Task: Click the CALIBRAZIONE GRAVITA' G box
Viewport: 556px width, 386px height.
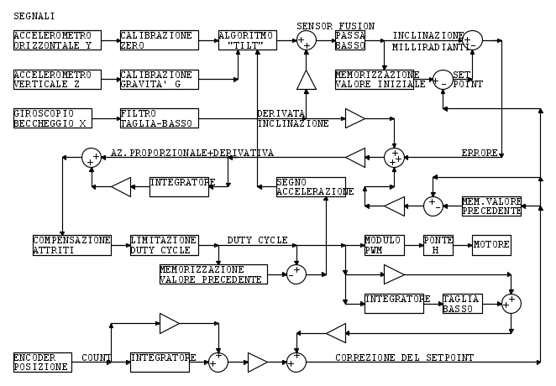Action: [159, 79]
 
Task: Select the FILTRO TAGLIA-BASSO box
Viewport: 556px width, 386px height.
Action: [159, 118]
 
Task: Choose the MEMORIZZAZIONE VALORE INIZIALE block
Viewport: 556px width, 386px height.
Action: [374, 80]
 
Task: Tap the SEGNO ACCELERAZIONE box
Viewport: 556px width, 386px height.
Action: [311, 187]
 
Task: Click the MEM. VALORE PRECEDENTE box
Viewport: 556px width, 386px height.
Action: [491, 206]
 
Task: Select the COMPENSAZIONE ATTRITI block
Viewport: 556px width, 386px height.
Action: [72, 244]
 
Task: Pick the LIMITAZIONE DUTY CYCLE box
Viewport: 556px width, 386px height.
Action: [165, 244]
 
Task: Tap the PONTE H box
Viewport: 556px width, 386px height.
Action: [437, 244]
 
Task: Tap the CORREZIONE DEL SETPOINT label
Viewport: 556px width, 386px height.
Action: [404, 357]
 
